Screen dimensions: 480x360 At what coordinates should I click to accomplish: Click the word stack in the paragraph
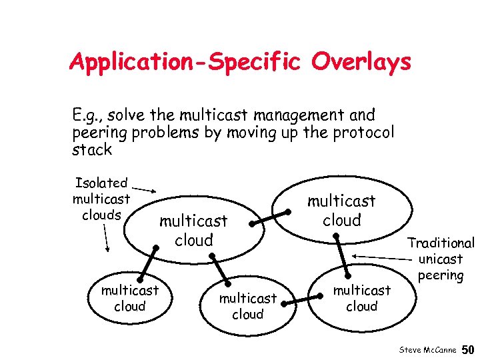91,149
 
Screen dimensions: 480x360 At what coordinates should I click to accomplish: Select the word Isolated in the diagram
101,183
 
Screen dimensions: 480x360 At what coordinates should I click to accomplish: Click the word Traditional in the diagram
441,244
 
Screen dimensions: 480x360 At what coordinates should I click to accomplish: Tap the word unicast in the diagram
441,259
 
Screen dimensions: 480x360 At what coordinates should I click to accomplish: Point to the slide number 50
468,350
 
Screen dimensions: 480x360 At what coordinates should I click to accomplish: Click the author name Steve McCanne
427,350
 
